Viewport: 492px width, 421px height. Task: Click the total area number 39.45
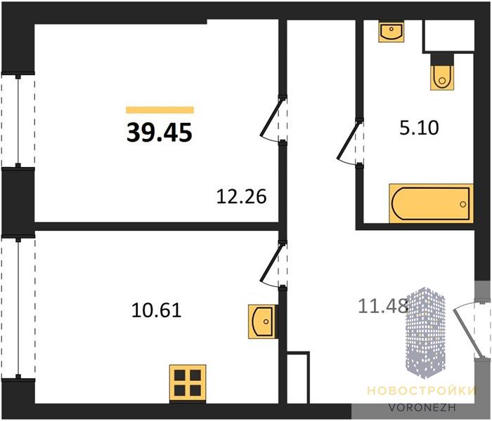point(160,132)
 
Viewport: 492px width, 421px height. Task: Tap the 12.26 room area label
point(242,196)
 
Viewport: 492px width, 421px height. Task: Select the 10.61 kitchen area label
point(157,311)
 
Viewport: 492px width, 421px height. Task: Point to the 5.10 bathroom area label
point(419,128)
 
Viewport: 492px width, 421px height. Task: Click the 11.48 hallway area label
point(383,306)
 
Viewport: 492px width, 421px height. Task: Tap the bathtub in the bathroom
point(431,203)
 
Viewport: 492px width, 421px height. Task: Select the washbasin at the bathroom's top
point(391,32)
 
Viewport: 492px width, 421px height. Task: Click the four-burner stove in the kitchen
point(188,383)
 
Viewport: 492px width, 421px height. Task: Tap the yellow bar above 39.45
point(160,110)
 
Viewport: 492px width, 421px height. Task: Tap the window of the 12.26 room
point(18,121)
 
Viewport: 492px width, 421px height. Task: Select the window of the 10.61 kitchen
point(18,307)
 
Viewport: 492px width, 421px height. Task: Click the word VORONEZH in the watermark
point(422,407)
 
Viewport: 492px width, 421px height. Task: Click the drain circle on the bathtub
point(462,204)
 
